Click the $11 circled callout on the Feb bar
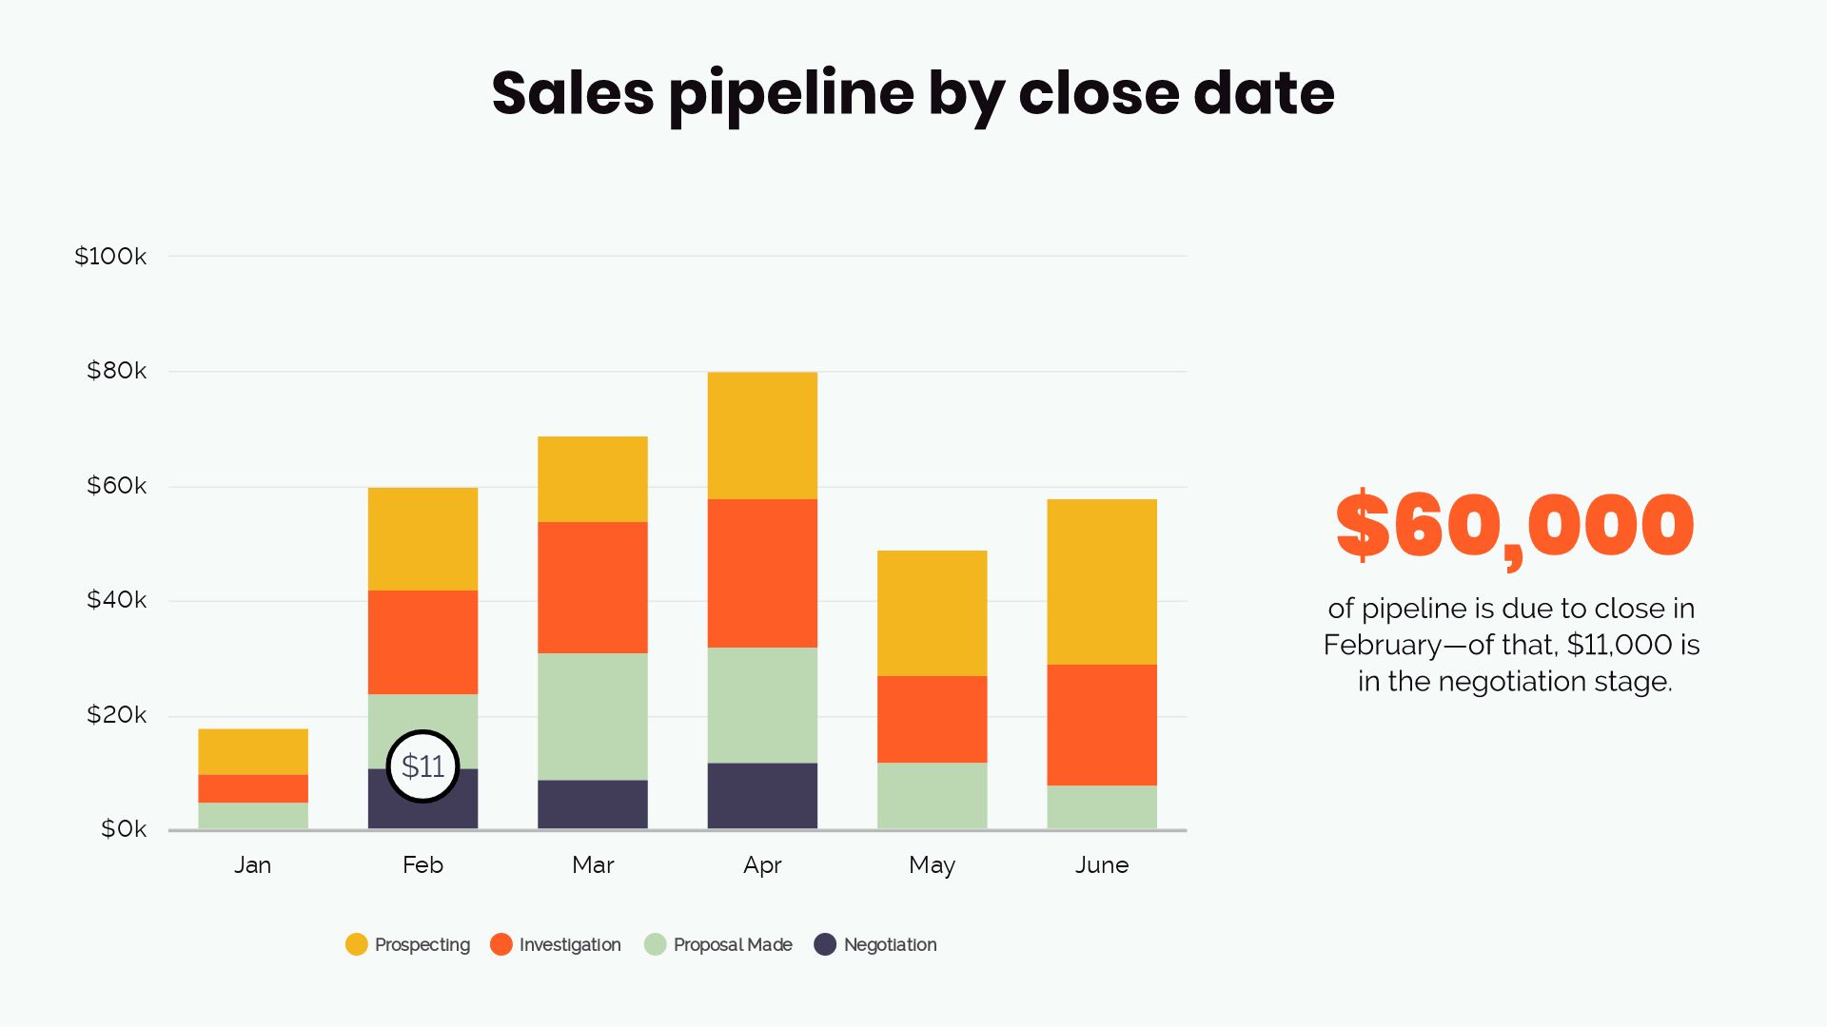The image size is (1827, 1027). point(422,766)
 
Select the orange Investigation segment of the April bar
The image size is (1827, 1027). point(762,573)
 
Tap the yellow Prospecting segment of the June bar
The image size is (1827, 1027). point(1102,581)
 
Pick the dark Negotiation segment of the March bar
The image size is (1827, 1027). point(592,804)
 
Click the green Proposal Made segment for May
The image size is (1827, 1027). point(932,796)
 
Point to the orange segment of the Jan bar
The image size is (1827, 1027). point(253,788)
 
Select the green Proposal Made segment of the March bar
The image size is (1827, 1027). point(592,716)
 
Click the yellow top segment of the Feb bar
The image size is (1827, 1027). point(422,539)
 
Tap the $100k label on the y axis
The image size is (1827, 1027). point(110,257)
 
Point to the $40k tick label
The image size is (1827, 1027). point(116,600)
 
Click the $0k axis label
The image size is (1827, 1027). point(124,829)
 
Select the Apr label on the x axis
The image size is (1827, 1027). point(762,865)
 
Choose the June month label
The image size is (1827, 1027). point(1102,865)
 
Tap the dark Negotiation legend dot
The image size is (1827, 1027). point(825,945)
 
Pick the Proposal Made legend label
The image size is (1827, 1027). point(732,945)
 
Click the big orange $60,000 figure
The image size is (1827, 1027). point(1515,526)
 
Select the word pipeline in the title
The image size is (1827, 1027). point(791,95)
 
